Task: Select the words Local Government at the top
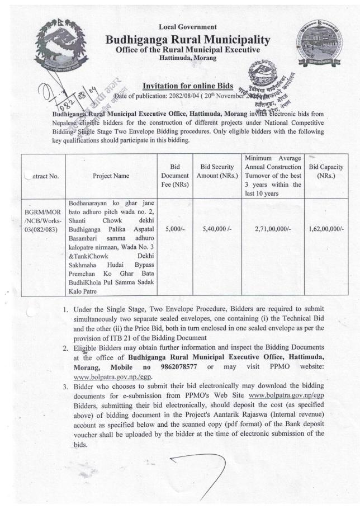(x=180, y=27)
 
